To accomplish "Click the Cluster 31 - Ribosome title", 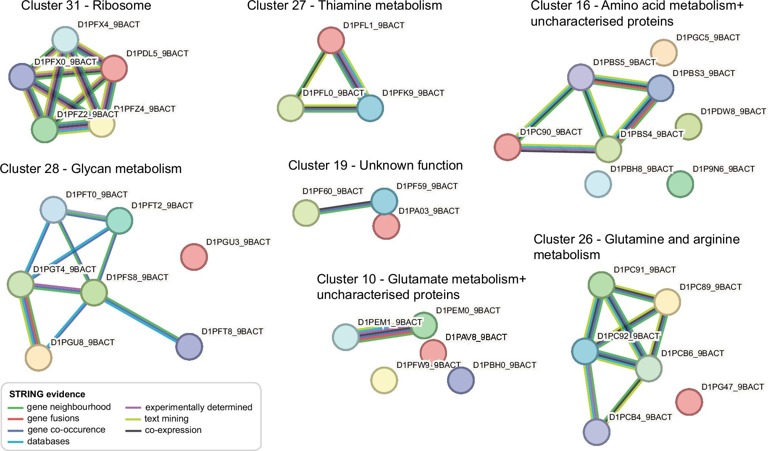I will [x=86, y=6].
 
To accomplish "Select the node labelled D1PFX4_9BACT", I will [x=65, y=39].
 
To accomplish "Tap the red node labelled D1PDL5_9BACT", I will [x=114, y=68].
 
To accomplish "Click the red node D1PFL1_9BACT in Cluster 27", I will [x=331, y=40].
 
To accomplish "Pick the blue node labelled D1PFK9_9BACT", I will [x=370, y=108].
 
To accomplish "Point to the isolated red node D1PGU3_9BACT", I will [x=194, y=257].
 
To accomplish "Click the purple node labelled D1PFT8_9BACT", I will [x=189, y=346].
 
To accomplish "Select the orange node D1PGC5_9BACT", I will [x=664, y=52].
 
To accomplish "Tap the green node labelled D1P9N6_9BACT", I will [x=680, y=184].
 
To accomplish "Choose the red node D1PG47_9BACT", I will [x=689, y=401].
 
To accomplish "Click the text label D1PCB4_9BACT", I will [x=640, y=417].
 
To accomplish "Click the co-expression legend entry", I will [x=173, y=430].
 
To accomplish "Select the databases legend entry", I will [x=48, y=441].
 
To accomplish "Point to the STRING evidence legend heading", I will [x=47, y=394].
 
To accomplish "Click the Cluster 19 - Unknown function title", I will [x=375, y=165].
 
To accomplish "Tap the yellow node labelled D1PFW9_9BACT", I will [x=384, y=380].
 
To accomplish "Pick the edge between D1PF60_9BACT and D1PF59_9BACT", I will [x=345, y=207].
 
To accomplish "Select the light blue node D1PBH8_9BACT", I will [x=598, y=184].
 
